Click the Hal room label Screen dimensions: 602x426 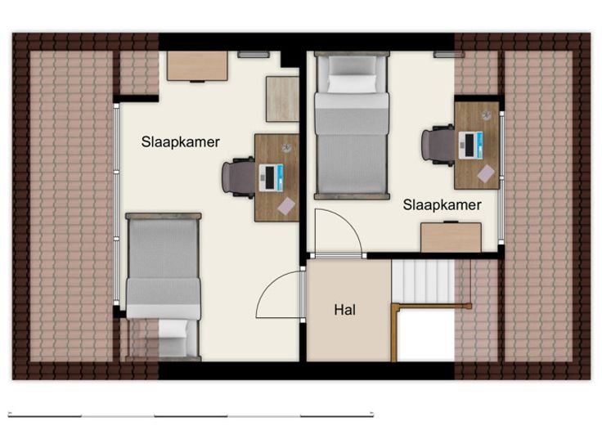pyautogui.click(x=345, y=310)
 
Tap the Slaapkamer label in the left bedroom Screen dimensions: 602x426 pyautogui.click(x=181, y=142)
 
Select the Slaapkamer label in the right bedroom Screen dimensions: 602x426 pyautogui.click(x=442, y=205)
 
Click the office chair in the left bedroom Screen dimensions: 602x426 pyautogui.click(x=238, y=177)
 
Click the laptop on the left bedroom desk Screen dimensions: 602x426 pyautogui.click(x=271, y=177)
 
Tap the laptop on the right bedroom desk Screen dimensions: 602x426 pyautogui.click(x=470, y=145)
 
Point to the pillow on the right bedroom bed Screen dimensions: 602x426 pyautogui.click(x=352, y=83)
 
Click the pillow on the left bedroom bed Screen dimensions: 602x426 pyautogui.click(x=173, y=329)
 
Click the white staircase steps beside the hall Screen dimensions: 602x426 pyautogui.click(x=423, y=281)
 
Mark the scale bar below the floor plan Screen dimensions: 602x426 pyautogui.click(x=191, y=415)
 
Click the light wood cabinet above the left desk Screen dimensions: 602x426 pyautogui.click(x=282, y=99)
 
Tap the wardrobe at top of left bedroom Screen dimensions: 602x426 pyautogui.click(x=197, y=66)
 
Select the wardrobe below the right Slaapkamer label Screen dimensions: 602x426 pyautogui.click(x=451, y=237)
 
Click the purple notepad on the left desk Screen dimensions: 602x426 pyautogui.click(x=286, y=206)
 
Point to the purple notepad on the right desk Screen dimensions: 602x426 pyautogui.click(x=486, y=173)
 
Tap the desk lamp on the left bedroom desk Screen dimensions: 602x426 pyautogui.click(x=287, y=147)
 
